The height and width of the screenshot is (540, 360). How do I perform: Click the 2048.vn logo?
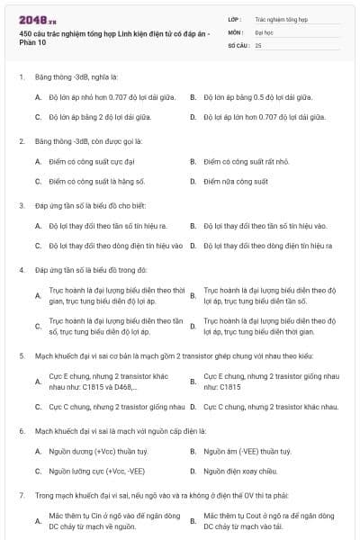tap(31, 20)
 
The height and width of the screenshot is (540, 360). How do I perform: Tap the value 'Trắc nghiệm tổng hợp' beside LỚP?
tap(281, 19)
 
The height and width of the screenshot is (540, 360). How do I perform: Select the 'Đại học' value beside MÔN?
tap(265, 31)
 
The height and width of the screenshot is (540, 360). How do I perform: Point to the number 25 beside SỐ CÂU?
tap(258, 44)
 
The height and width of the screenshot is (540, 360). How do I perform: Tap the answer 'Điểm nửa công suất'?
tap(235, 181)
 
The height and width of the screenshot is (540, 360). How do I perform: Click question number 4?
tap(22, 270)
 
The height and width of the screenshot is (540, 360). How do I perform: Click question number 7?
tap(22, 495)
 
